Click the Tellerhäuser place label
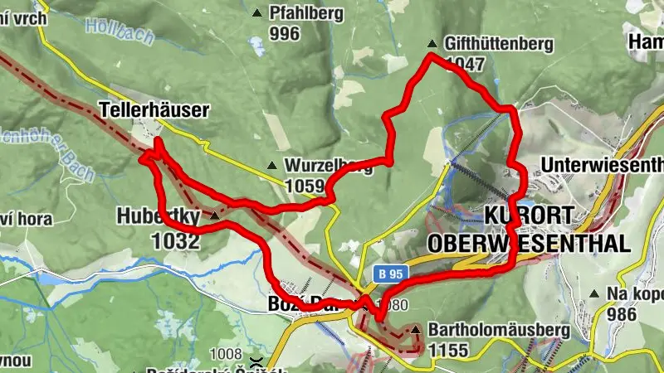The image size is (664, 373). pos(154,109)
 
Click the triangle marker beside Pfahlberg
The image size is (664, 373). pos(258,13)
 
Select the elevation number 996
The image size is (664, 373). pos(284,33)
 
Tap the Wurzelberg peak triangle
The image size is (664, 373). pos(271,165)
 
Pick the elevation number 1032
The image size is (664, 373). pos(176,241)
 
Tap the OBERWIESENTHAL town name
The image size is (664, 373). pos(529,243)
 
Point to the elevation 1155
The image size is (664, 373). pos(450,351)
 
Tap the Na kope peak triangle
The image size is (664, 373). pos(593,293)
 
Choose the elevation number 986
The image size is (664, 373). pos(621,314)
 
